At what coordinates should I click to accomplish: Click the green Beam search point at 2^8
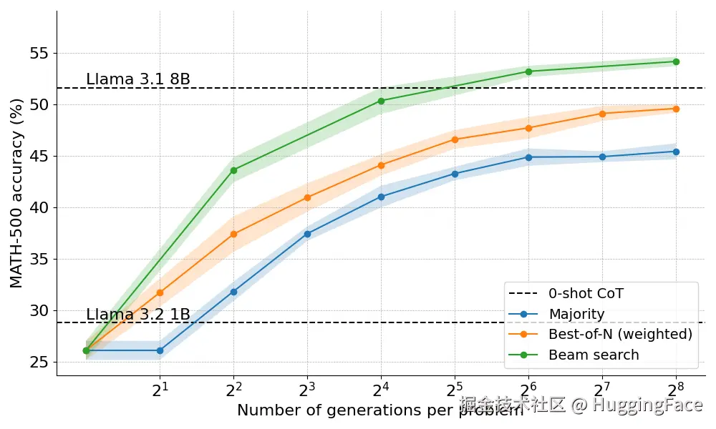click(x=676, y=61)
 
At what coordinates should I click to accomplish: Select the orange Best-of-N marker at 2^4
click(x=381, y=165)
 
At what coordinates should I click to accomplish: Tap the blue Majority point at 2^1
click(x=160, y=350)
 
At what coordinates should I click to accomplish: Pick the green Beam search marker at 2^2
click(x=233, y=170)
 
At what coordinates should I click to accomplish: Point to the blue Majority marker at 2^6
click(x=528, y=157)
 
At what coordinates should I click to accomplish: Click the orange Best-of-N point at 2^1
click(x=160, y=292)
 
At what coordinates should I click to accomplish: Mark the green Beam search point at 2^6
click(x=528, y=71)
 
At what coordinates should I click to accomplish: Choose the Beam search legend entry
click(x=594, y=355)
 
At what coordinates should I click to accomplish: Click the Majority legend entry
click(x=576, y=314)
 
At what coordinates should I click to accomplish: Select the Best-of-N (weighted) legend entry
click(x=620, y=334)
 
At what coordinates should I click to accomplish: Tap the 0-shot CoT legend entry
click(x=586, y=293)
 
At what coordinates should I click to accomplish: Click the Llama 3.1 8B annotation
click(x=138, y=79)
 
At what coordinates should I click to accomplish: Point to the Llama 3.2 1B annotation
click(x=138, y=315)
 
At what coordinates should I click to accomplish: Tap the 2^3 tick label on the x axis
click(x=307, y=390)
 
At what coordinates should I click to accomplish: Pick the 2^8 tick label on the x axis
click(x=676, y=390)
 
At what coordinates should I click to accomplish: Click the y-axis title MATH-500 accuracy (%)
click(x=16, y=193)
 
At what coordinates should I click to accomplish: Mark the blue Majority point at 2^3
click(x=307, y=234)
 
